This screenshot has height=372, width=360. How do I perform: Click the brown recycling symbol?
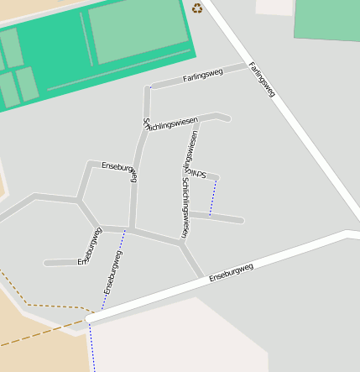197,8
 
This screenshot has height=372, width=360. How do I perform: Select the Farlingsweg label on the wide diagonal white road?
262,79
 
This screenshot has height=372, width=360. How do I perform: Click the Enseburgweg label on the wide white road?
231,271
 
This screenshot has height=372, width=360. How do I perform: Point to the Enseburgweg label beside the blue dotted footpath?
112,272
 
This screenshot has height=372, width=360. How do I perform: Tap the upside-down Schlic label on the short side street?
198,173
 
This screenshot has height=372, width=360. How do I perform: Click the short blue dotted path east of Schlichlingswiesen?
213,196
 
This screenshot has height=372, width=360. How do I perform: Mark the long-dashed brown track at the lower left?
42,333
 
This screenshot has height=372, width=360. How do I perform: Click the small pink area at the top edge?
274,6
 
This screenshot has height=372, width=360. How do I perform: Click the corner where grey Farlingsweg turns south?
149,87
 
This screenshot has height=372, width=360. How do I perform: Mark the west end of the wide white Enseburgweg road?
89,319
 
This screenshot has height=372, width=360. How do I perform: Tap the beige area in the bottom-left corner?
34,353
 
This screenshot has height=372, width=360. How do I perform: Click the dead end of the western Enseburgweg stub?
47,263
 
